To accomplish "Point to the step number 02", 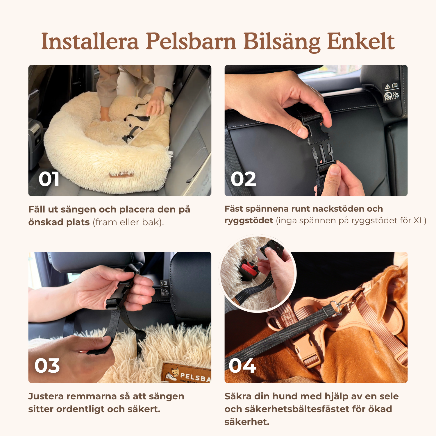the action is tap(243, 179).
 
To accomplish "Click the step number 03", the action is tap(47, 366).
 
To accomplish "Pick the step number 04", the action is tap(242, 366).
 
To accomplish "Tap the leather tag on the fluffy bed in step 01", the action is tap(122, 175).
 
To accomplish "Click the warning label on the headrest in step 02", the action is tap(392, 91).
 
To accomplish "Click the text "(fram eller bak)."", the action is tap(128, 222).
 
